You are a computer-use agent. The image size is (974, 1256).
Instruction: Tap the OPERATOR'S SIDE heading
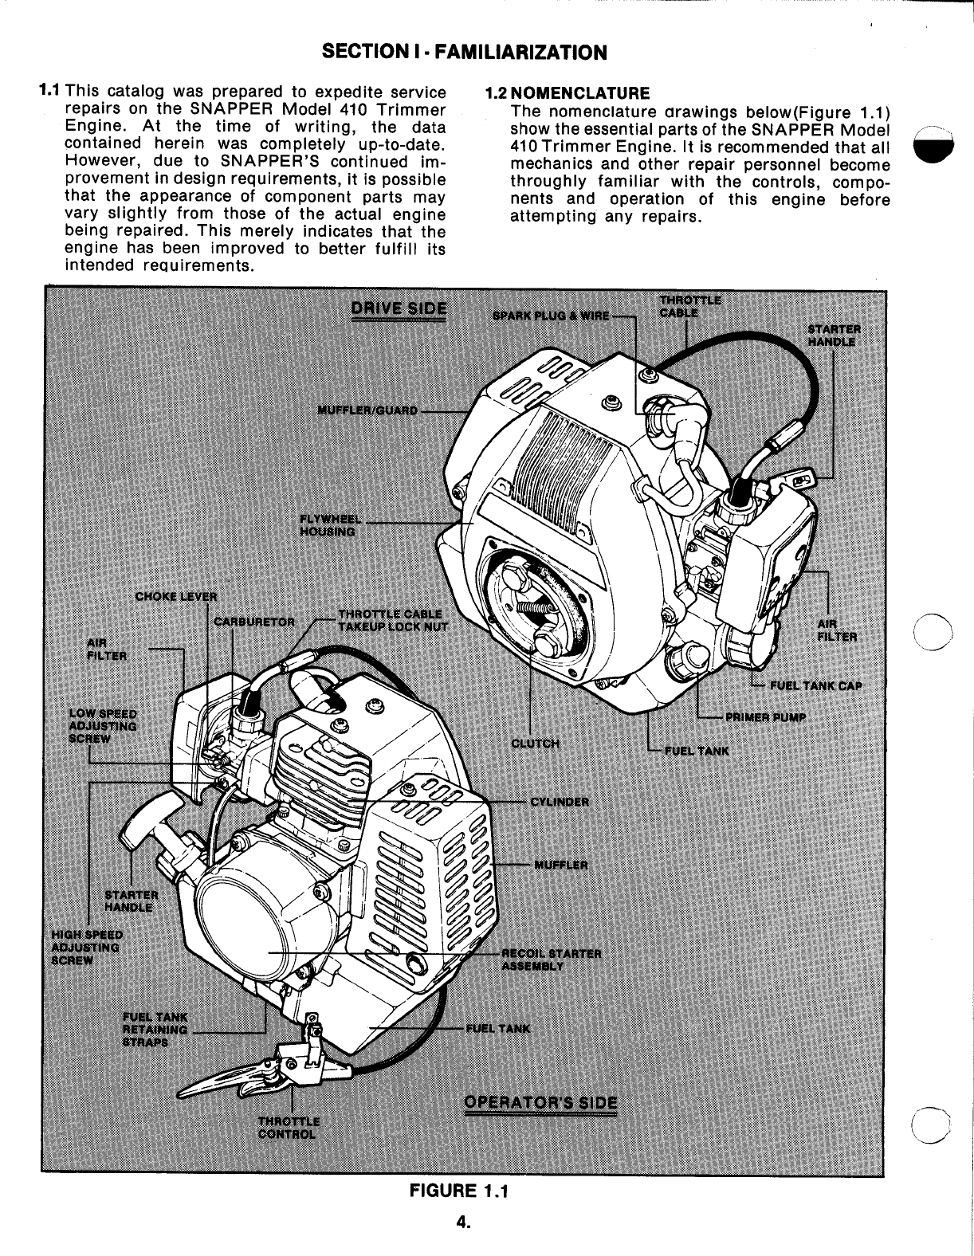coord(540,1103)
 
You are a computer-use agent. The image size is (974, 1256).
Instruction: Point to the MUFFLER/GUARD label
coord(367,410)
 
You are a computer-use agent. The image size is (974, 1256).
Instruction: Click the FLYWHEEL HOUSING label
coord(327,525)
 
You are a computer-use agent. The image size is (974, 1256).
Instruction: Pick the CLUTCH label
coord(536,744)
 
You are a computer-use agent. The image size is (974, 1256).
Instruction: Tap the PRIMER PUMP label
coord(764,716)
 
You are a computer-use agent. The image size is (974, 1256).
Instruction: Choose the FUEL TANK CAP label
coord(816,685)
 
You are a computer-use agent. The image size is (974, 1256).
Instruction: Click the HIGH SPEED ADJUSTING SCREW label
coord(86,947)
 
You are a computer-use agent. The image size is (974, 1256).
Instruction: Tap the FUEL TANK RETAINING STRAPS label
coord(155,1029)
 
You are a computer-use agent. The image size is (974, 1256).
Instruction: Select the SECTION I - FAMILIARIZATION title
coord(463,53)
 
